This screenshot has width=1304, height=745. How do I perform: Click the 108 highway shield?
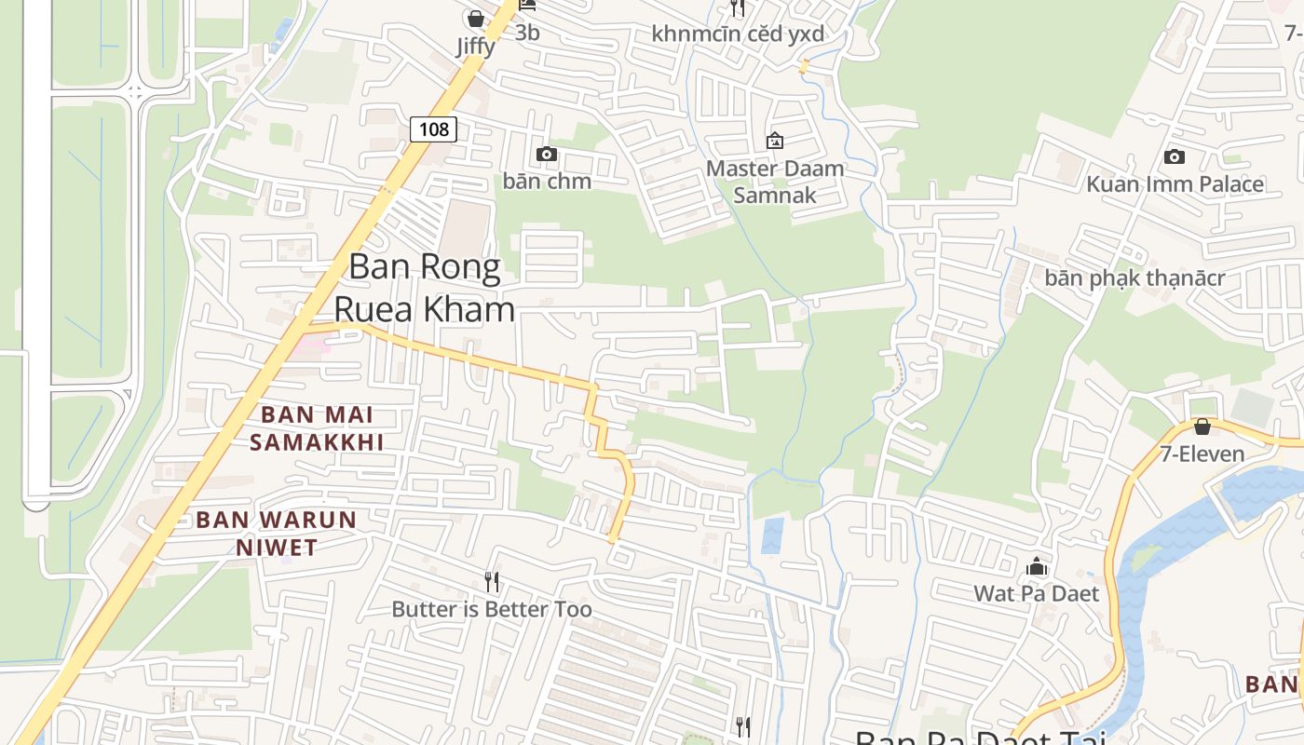(x=434, y=129)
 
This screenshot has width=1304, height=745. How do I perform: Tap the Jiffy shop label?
(x=476, y=46)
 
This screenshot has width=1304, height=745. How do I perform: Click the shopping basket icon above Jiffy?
(x=476, y=19)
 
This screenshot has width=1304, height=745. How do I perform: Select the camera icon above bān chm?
(x=547, y=154)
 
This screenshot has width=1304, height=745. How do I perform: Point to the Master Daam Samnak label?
(x=775, y=182)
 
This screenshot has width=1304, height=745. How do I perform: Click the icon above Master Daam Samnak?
(x=774, y=141)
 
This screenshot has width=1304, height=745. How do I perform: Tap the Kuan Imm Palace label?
(x=1175, y=183)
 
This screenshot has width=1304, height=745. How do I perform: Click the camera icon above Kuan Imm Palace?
(x=1175, y=156)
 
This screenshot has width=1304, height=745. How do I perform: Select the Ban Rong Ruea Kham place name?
(x=425, y=288)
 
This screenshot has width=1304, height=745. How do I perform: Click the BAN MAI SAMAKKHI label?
(x=317, y=428)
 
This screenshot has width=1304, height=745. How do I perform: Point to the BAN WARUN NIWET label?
(x=277, y=534)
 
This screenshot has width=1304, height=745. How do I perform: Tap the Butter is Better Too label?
(x=492, y=609)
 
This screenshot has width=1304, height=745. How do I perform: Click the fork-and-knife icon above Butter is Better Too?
(x=492, y=582)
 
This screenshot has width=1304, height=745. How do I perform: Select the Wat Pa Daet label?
(x=1037, y=593)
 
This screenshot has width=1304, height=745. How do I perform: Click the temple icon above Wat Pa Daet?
(x=1037, y=566)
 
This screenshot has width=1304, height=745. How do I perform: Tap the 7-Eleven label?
(x=1202, y=454)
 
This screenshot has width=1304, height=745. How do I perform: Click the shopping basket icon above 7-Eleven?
(x=1202, y=427)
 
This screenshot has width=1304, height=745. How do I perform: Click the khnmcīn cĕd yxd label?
(x=738, y=34)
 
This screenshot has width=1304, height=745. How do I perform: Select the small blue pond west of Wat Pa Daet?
(x=772, y=535)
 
